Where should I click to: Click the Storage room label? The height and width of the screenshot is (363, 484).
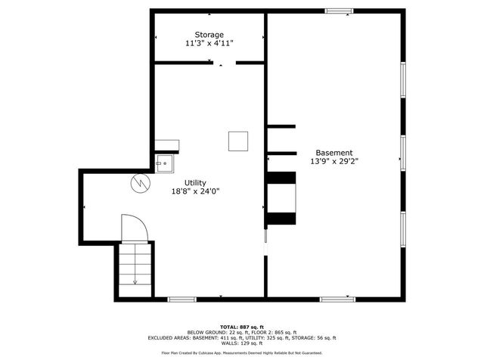pos(209,35)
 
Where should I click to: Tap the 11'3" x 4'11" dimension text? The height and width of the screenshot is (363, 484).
pos(209,44)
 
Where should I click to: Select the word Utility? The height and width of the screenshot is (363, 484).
pos(195,182)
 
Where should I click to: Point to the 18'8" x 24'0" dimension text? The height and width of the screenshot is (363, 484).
pos(195,191)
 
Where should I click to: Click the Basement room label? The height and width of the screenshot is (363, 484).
pos(334,152)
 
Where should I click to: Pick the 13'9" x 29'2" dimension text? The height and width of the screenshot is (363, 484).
pos(334,161)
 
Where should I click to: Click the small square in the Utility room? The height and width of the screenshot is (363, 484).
pos(238,141)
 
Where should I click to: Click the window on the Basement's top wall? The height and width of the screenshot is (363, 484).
pos(339,11)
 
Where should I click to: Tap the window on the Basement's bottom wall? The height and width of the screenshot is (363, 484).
pos(337,299)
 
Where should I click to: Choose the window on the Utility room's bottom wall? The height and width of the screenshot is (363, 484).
pos(182,299)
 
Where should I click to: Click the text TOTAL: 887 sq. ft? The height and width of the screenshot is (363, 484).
pos(242,327)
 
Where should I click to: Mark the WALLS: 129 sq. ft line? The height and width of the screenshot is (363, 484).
pos(242,344)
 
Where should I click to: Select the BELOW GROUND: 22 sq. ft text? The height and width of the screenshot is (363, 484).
pos(215,333)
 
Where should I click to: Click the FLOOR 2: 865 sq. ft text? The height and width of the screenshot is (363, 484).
pos(270,333)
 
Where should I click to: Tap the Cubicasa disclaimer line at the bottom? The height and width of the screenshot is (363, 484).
pos(242,353)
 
